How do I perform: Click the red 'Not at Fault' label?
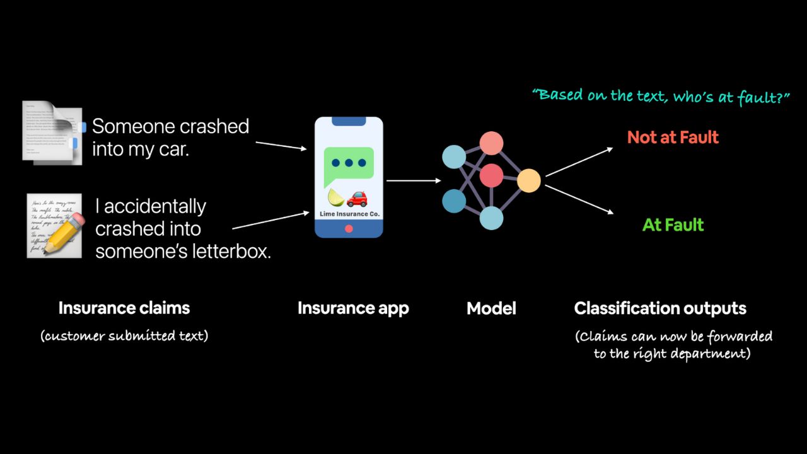click(673, 137)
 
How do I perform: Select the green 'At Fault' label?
click(673, 225)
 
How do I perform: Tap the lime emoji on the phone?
click(336, 198)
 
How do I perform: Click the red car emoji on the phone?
click(357, 199)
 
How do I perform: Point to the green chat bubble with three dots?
click(349, 165)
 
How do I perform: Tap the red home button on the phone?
click(349, 229)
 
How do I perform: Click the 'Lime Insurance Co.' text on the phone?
click(349, 214)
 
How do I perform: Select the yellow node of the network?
click(529, 181)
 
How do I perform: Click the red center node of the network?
click(491, 175)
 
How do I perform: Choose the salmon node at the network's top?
click(491, 143)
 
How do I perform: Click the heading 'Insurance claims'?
click(124, 308)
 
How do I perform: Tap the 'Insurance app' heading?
click(353, 308)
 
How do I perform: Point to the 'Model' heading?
click(491, 308)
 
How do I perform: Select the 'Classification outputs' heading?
click(660, 308)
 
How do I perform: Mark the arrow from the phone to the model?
click(414, 181)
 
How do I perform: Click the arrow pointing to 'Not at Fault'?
click(579, 161)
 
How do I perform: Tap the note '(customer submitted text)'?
click(124, 335)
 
